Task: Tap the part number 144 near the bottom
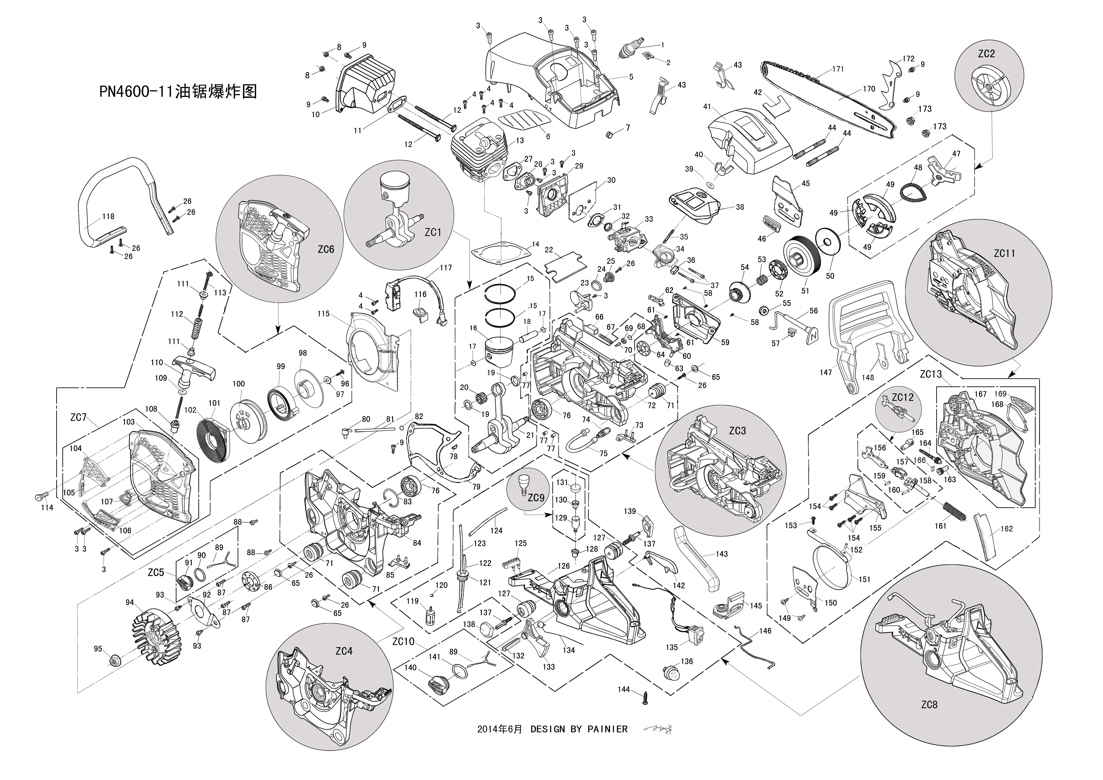[624, 690]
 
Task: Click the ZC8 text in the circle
[929, 705]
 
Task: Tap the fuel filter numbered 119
[430, 615]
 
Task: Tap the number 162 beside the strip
[1007, 529]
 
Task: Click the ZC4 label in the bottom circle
[344, 651]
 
